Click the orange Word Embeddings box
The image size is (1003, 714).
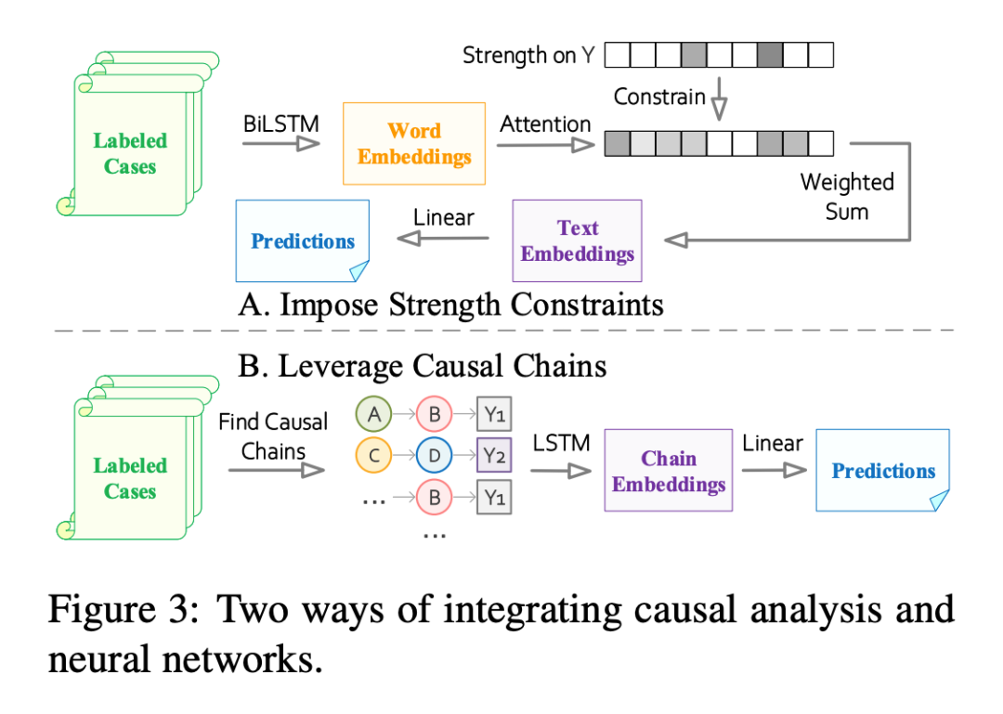click(414, 144)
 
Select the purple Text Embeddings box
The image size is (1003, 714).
click(577, 240)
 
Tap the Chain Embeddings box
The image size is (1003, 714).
click(669, 471)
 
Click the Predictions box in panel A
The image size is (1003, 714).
click(303, 240)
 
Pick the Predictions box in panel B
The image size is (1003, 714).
click(882, 470)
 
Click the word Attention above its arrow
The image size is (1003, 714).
click(545, 123)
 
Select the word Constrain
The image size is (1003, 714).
click(659, 97)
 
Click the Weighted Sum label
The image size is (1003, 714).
click(847, 196)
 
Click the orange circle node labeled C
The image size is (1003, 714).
click(373, 455)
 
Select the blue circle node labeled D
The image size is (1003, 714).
click(433, 455)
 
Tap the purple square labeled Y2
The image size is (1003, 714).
click(494, 455)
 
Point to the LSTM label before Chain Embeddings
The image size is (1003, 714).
click(561, 443)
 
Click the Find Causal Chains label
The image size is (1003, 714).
click(273, 436)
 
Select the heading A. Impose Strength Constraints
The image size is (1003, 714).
click(450, 305)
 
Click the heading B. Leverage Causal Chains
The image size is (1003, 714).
click(423, 366)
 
